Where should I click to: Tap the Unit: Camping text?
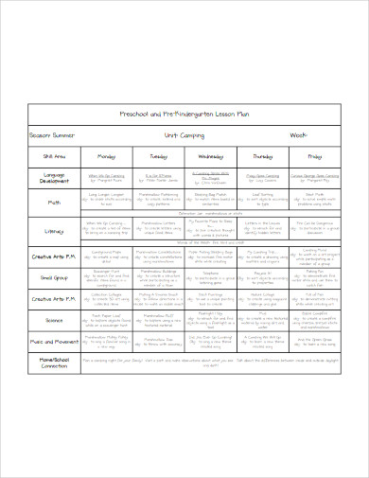point(184,135)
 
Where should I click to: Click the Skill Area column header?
point(54,155)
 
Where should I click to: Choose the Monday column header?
point(106,155)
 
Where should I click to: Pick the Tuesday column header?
point(158,155)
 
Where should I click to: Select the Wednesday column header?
point(210,155)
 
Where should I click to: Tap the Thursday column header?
point(262,155)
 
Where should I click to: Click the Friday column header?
point(314,155)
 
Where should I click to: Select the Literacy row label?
point(54,230)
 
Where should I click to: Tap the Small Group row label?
point(54,278)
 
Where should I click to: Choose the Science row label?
point(54,321)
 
